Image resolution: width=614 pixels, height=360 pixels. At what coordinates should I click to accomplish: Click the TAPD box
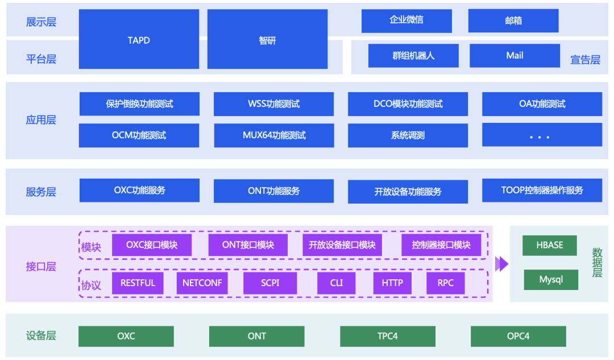point(139,39)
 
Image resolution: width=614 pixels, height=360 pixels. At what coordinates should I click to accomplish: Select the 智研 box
point(267,39)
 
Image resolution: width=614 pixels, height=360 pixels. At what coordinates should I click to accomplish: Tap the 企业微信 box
point(406,20)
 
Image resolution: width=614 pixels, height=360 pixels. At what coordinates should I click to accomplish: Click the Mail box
point(515,56)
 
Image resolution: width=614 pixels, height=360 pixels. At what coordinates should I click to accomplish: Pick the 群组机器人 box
point(413,56)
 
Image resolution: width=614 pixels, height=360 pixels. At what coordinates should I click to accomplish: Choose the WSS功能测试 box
point(273,104)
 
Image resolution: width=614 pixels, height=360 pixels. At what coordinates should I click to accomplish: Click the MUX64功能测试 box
point(273,135)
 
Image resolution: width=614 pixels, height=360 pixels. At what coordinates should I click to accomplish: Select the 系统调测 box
point(408,135)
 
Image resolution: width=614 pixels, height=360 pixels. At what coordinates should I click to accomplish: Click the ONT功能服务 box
point(273,191)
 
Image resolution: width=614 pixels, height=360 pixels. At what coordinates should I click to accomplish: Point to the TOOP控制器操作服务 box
point(542,191)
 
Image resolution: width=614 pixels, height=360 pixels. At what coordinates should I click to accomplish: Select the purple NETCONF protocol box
point(202,283)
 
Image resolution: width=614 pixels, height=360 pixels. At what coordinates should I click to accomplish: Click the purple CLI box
point(337,283)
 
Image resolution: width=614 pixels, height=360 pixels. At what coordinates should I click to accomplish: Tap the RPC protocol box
point(445,283)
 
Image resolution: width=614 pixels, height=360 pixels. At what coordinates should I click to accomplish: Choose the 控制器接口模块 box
point(441,245)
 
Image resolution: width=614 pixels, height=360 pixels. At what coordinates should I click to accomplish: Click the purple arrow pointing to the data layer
point(501,264)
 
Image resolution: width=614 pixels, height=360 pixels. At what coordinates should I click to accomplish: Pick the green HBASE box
point(550,246)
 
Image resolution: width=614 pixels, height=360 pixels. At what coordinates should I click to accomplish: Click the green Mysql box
point(550,280)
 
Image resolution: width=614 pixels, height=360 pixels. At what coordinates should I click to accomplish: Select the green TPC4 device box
point(388,336)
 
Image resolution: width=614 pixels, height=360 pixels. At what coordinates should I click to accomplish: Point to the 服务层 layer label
point(41,192)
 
